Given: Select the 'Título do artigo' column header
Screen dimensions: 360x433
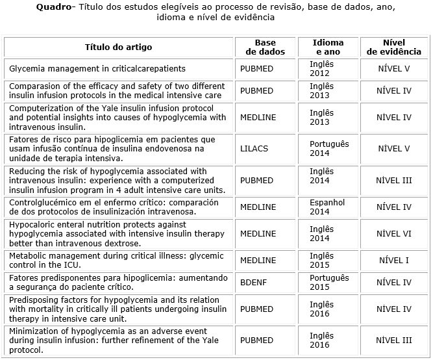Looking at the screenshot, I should coord(119,47).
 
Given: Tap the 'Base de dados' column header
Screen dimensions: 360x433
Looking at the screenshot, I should coord(265,47).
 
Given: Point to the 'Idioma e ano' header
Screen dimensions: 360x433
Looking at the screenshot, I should coord(328,47).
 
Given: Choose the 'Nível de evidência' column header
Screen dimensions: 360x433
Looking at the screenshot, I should coord(394,47).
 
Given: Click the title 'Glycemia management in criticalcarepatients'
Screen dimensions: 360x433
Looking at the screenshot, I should coord(97,68).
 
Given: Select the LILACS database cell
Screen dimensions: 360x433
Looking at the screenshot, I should coord(254,149).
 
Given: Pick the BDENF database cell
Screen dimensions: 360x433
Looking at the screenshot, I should coord(253,283).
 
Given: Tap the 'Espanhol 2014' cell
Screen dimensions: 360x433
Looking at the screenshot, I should coord(327,207).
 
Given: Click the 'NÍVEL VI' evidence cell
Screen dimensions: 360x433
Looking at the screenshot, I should coord(394,234).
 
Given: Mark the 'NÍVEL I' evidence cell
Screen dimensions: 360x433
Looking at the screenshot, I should coord(394,261).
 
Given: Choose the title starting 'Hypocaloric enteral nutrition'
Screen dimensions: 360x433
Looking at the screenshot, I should coord(118,234).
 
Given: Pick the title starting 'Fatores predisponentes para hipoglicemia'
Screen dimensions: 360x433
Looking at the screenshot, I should coord(118,283).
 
